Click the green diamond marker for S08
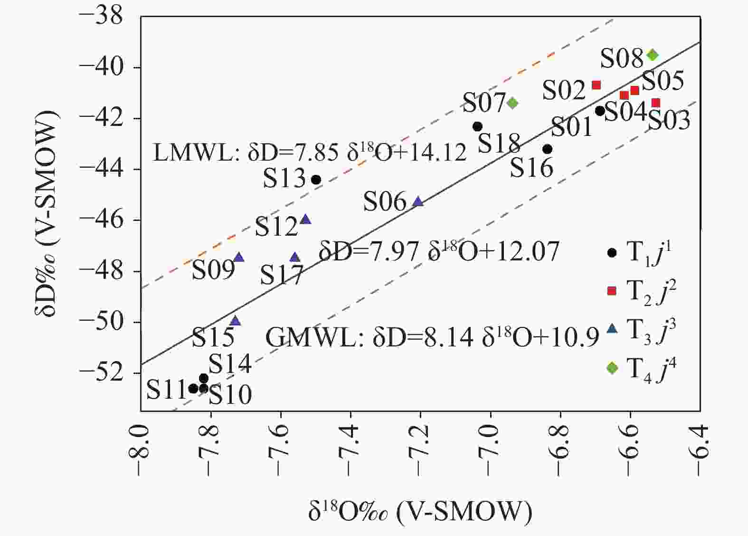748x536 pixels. point(653,55)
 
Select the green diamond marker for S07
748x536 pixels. point(512,103)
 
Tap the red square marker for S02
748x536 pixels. point(597,85)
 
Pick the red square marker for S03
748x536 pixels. point(656,103)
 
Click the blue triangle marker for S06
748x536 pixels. point(418,201)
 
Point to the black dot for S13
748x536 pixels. point(316,180)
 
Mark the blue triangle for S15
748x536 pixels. point(235,321)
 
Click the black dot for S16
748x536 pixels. point(548,149)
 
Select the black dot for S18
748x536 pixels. point(478,126)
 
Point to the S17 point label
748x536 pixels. point(282,275)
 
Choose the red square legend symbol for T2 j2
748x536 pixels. point(612,291)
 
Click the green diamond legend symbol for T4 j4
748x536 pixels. point(612,368)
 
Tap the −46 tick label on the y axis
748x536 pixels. point(101,220)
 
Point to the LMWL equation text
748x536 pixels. point(310,153)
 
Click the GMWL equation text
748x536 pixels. point(432,338)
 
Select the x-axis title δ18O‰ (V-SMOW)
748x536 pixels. point(420,513)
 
